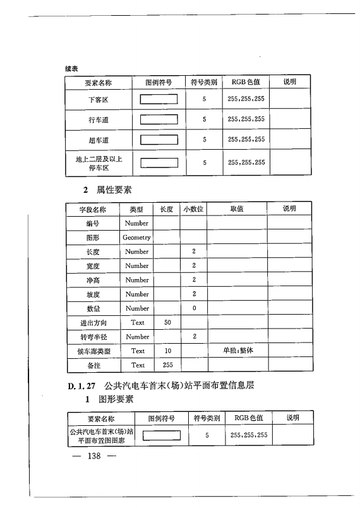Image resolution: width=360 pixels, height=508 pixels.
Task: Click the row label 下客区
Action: (x=98, y=99)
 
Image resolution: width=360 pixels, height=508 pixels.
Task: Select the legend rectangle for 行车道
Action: (x=159, y=119)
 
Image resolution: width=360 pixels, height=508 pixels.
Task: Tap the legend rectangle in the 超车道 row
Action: (x=159, y=140)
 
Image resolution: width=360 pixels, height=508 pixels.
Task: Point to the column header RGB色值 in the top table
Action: (x=246, y=82)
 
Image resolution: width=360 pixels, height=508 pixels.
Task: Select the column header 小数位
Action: (x=193, y=209)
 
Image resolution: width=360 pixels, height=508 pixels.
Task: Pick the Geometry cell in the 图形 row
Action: (x=136, y=238)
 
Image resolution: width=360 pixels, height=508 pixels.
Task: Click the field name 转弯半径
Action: (x=93, y=337)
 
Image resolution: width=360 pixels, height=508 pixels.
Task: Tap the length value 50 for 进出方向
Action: (x=167, y=323)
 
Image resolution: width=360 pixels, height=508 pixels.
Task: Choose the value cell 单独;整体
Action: (x=236, y=351)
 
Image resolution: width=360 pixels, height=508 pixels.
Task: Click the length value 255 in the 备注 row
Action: (x=167, y=365)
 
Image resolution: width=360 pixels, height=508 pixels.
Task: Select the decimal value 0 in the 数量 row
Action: (x=194, y=308)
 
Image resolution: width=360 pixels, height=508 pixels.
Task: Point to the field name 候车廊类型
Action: (x=93, y=351)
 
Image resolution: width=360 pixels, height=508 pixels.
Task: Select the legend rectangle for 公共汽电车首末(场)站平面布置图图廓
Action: (x=162, y=435)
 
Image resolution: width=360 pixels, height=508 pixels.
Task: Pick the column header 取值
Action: (x=236, y=209)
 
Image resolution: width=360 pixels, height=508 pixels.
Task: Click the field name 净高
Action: (x=93, y=280)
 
